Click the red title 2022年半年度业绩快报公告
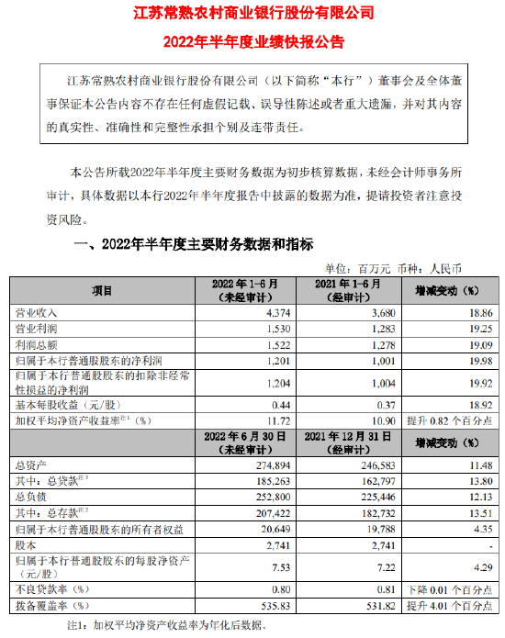tap(252, 40)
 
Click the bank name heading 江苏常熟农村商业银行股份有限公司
tap(252, 14)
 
